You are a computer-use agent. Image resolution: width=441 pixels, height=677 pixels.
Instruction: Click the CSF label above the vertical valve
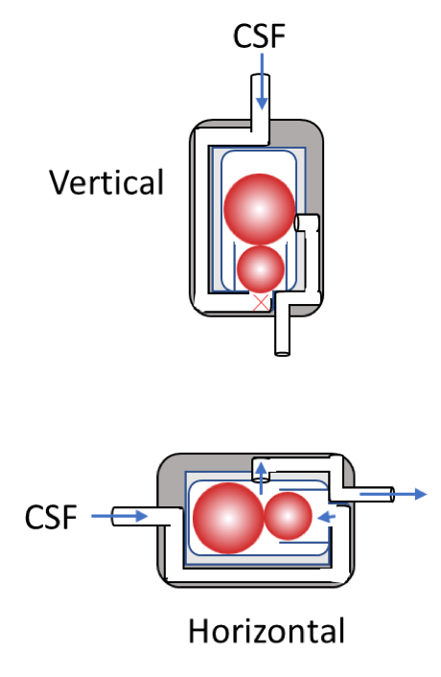point(260,35)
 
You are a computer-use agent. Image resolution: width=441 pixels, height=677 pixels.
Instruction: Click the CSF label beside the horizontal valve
point(51,517)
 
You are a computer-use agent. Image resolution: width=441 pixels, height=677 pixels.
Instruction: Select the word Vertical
point(106,182)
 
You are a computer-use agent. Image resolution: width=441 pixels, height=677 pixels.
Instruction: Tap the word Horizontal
point(267,630)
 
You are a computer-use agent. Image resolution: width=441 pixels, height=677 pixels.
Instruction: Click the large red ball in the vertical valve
point(259,209)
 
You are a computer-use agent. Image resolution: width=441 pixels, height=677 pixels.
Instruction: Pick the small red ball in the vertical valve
point(261,269)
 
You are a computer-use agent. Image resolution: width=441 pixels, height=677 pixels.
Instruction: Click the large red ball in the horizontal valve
point(228,518)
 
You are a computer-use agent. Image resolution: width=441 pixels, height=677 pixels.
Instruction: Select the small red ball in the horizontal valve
point(288,516)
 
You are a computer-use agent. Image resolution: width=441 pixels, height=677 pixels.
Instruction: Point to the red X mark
point(261,302)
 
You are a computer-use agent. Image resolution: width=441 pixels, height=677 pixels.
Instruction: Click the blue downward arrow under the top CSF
point(262,82)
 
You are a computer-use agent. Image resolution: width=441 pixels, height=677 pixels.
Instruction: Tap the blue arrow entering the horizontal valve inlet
point(120,516)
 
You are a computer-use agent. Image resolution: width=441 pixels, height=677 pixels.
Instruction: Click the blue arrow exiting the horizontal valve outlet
point(393,494)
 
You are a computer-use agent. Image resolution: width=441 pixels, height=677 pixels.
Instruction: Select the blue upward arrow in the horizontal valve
point(261,478)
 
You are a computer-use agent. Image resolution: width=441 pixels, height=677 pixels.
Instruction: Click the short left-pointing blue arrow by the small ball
point(326,517)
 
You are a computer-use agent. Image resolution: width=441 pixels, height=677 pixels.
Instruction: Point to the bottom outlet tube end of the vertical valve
point(283,353)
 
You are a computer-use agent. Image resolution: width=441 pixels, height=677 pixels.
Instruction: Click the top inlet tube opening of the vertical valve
point(260,77)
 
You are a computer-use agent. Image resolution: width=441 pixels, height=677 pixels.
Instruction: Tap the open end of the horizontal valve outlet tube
point(392,495)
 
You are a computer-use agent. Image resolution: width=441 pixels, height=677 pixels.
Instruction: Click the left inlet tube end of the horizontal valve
point(114,517)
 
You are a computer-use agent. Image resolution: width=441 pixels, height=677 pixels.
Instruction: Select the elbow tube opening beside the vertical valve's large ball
point(297,222)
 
